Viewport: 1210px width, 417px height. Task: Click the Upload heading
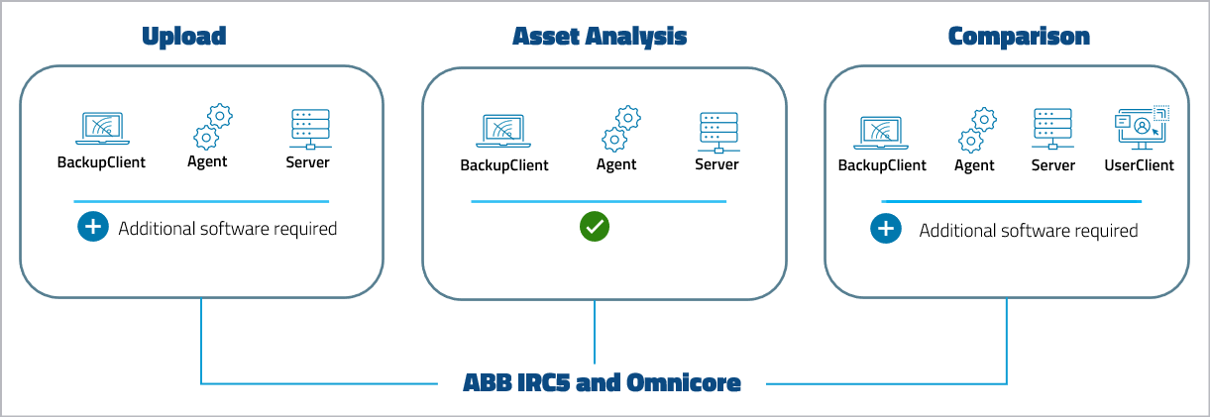pos(184,37)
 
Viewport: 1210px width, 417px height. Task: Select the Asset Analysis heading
pos(599,37)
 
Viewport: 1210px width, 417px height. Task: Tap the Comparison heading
pos(1019,37)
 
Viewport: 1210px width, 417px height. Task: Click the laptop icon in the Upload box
pos(101,129)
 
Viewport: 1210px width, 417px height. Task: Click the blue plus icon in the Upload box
pos(92,228)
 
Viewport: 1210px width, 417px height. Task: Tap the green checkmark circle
pos(595,227)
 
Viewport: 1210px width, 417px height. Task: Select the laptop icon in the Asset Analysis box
pos(504,131)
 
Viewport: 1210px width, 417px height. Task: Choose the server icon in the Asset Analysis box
pos(717,132)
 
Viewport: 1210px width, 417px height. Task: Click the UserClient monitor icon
pos(1141,129)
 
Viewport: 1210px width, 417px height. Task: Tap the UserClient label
pos(1139,165)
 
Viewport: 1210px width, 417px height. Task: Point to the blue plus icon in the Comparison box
pos(885,230)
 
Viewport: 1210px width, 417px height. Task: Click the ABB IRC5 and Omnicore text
pos(602,382)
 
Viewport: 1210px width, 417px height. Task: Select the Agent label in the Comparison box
pos(974,165)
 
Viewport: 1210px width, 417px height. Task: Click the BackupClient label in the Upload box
pos(101,162)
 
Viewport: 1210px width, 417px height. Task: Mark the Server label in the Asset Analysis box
pos(716,164)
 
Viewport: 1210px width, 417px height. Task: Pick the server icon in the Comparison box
pos(1052,130)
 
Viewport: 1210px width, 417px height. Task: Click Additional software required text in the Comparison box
pos(1028,231)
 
